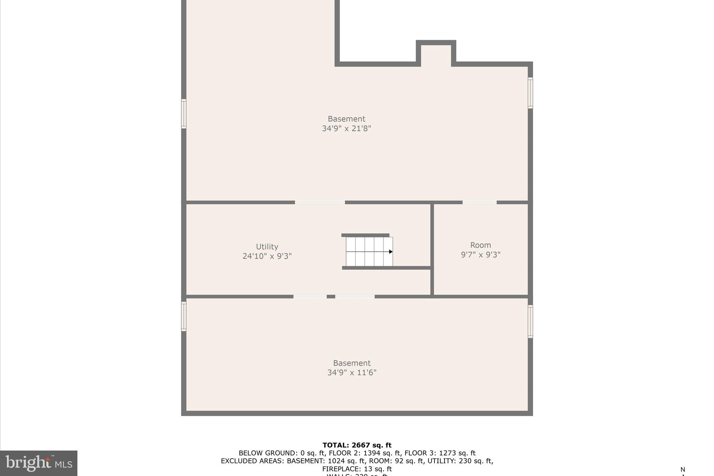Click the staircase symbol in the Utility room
pos(369,251)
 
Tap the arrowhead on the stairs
pos(391,252)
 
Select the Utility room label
pos(267,247)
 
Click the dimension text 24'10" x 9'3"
pos(267,256)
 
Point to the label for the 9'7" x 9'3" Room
pos(480,245)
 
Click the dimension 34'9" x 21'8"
pos(346,128)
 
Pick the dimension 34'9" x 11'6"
pos(352,372)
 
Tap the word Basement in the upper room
pos(346,119)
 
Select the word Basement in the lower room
pos(352,363)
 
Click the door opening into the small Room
pos(479,202)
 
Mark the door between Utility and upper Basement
pos(320,202)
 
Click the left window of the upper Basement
pos(184,114)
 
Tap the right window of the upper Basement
pos(530,93)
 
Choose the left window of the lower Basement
pos(184,316)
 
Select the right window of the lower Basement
pos(530,322)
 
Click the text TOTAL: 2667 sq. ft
pos(357,445)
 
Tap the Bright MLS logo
pos(39,463)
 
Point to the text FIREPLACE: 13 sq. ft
pos(357,469)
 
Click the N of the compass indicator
pos(683,469)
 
